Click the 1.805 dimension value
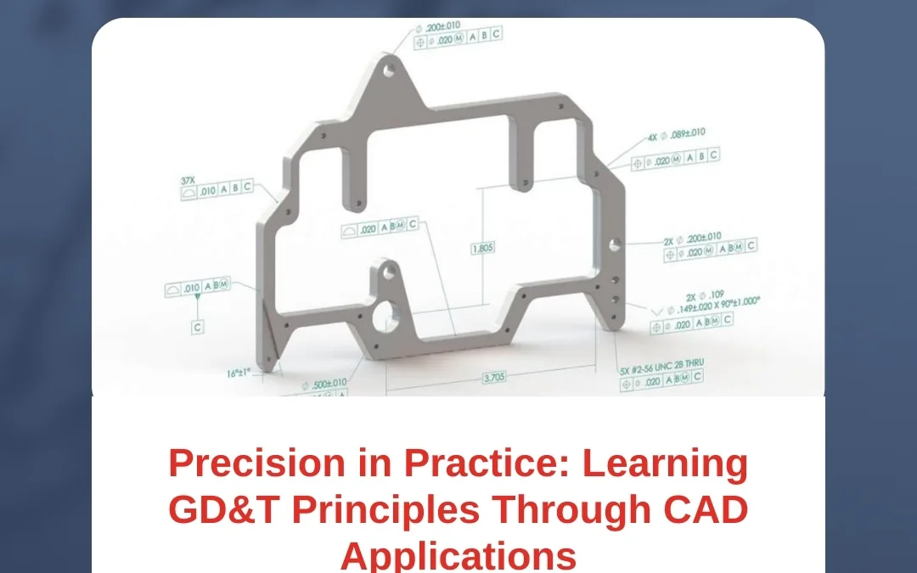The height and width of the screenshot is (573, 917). [x=483, y=248]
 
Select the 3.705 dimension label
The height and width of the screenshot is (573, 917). [x=494, y=379]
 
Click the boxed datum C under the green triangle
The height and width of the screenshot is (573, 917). [x=198, y=326]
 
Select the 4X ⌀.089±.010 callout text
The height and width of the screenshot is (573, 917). [x=676, y=135]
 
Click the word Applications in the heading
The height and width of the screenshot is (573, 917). [x=458, y=555]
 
